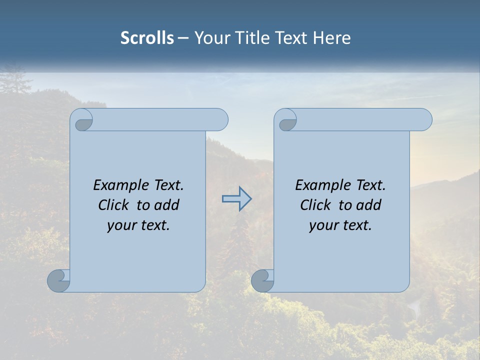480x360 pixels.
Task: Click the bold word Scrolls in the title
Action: [147, 38]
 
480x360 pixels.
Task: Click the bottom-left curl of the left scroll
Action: [58, 281]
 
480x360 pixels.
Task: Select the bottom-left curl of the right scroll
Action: [262, 281]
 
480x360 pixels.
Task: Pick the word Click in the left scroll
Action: [113, 205]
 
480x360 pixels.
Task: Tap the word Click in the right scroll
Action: [315, 205]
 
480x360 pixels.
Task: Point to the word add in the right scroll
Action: [369, 205]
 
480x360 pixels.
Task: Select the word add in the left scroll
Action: [167, 205]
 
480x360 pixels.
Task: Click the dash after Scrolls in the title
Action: [183, 38]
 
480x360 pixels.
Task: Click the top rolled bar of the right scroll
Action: [362, 119]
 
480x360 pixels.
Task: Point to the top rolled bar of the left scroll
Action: [159, 119]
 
